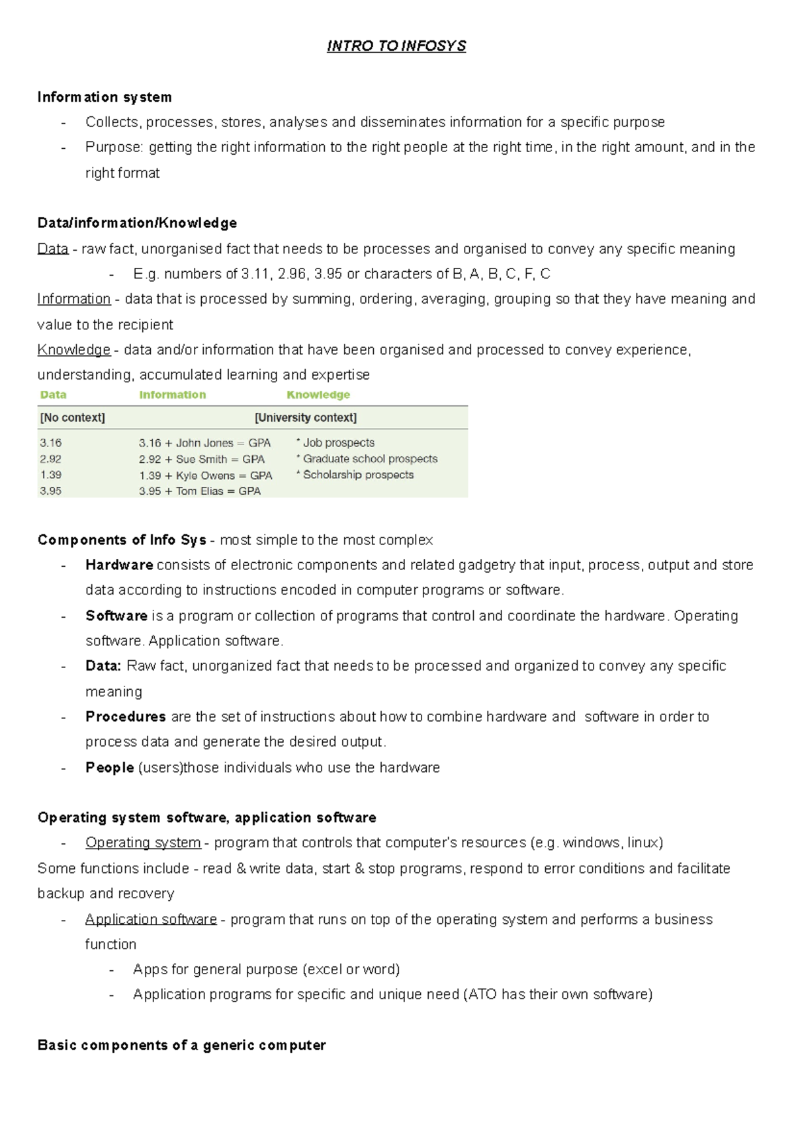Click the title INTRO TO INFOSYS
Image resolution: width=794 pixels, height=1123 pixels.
click(x=396, y=46)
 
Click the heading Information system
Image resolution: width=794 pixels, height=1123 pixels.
click(x=105, y=97)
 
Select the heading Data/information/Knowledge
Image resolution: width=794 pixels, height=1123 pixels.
click(x=137, y=223)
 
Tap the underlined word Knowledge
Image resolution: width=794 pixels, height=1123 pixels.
click(x=73, y=350)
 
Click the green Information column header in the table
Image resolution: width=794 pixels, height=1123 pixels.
click(x=172, y=395)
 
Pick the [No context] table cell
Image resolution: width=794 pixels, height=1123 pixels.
click(x=72, y=418)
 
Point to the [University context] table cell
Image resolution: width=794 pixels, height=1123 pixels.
click(x=305, y=418)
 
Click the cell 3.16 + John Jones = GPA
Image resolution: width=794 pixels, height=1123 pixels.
click(x=204, y=443)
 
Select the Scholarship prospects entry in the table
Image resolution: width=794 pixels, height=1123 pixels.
click(x=357, y=475)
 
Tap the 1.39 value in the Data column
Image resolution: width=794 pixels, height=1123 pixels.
click(x=50, y=475)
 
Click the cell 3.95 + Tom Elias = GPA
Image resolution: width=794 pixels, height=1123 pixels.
click(x=199, y=491)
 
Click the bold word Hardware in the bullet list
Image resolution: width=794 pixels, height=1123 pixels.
click(x=119, y=565)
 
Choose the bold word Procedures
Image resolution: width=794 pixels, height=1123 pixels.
click(x=126, y=717)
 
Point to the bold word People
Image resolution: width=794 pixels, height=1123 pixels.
click(x=110, y=768)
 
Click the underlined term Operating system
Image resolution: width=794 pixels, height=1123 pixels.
click(x=143, y=843)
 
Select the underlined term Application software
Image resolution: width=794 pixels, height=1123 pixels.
click(x=151, y=919)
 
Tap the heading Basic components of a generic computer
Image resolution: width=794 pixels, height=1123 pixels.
click(x=181, y=1046)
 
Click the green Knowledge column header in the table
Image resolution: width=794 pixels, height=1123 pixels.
click(x=318, y=395)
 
